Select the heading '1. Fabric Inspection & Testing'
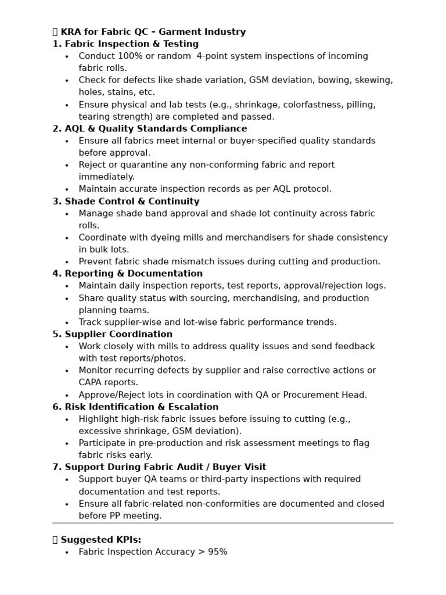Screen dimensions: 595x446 pos(125,44)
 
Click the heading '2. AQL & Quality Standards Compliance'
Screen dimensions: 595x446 pos(150,128)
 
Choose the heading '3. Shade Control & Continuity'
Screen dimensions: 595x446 pos(126,202)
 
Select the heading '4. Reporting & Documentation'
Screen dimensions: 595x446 pos(128,274)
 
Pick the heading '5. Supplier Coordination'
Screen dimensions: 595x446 pos(113,334)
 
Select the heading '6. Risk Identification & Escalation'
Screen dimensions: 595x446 pos(135,407)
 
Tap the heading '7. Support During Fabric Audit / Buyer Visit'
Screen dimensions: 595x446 pos(159,467)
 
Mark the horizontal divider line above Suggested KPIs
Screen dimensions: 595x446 pos(223,523)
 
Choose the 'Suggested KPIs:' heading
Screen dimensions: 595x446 pos(100,540)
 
